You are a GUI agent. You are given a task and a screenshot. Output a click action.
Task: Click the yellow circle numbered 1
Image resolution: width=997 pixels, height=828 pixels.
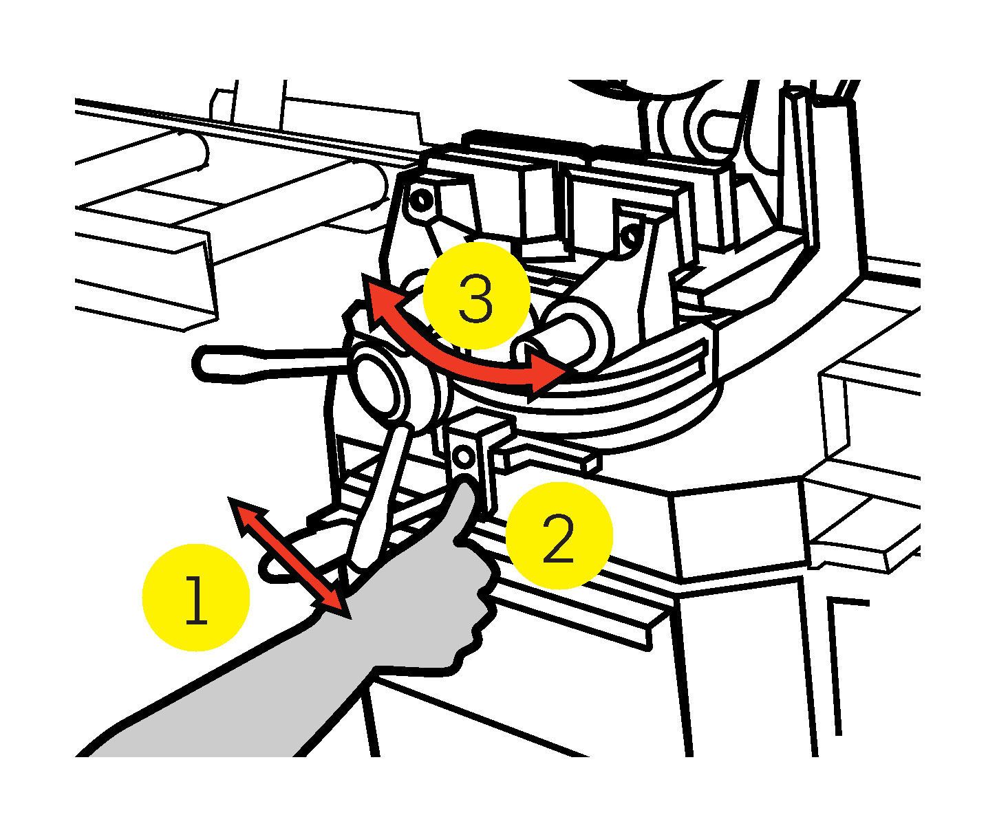pos(195,598)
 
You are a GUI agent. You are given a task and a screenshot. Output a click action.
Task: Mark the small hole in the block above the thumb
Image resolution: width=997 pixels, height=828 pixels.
pos(463,456)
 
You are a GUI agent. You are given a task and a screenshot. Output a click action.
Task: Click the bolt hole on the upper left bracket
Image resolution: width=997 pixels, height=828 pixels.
pos(418,202)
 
